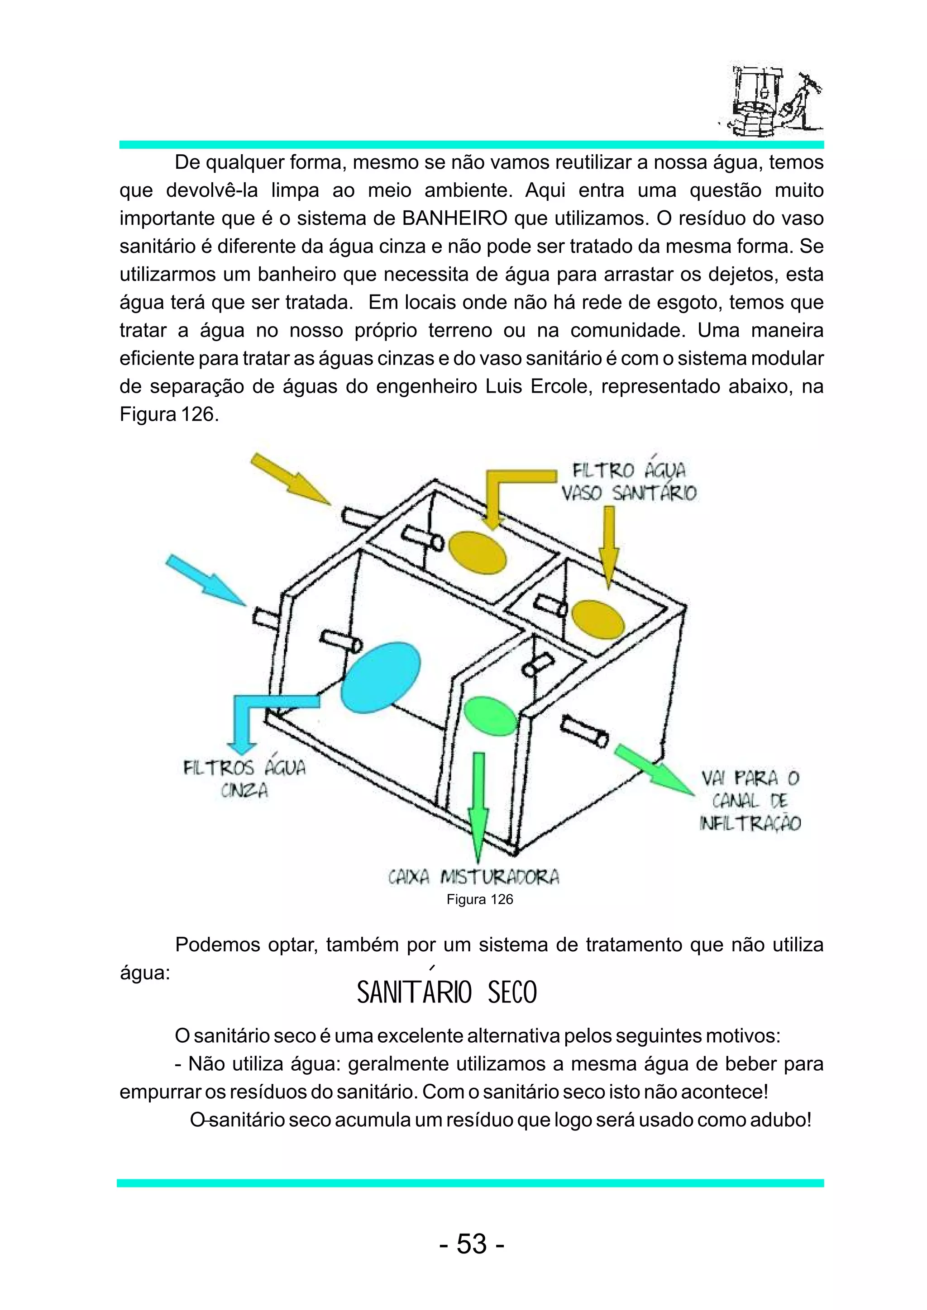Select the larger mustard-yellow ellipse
(477, 552)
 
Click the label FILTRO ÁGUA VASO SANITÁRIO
(628, 482)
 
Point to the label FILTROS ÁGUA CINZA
(244, 779)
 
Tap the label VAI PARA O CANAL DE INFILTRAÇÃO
(750, 801)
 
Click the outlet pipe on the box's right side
(584, 732)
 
